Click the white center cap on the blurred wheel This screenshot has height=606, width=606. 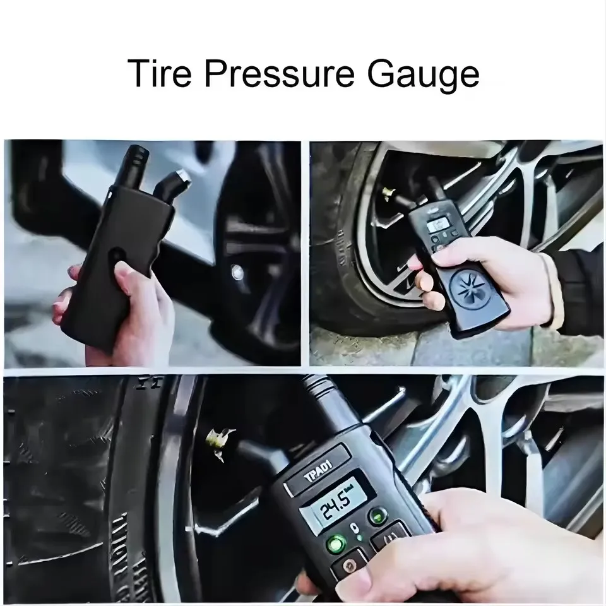click(x=238, y=272)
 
